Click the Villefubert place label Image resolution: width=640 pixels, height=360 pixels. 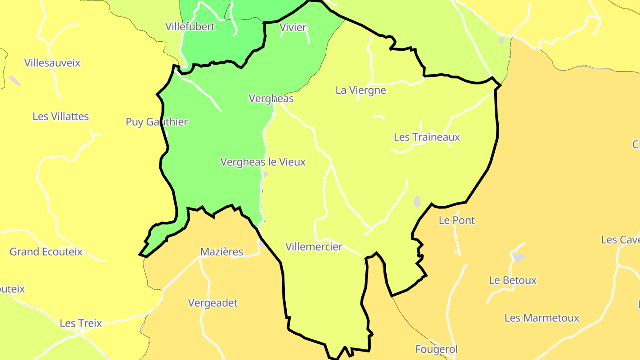coord(190,27)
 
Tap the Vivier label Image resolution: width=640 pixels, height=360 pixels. coord(293,28)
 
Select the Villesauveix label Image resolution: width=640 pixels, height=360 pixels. coord(52,63)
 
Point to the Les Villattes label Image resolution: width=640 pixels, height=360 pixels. coord(60,116)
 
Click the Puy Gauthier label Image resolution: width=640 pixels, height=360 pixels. coord(157,122)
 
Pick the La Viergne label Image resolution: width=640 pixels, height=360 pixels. coord(360,90)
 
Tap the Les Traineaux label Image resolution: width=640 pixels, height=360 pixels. coord(427,137)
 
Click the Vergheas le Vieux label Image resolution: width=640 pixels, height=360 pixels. coord(263,162)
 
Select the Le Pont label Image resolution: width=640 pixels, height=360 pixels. coord(456,220)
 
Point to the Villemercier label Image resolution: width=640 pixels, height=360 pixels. coord(314,247)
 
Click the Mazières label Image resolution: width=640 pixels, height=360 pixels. coord(222,252)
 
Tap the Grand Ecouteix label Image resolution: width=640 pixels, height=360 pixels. coord(46,252)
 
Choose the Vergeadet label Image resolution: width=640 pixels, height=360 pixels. coord(213,303)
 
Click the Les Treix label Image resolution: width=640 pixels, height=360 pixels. coord(81,323)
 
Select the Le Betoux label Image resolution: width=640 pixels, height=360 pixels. coord(512,280)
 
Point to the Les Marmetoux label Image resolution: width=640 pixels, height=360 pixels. coord(542,318)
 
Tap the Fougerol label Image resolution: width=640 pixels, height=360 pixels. coord(436,349)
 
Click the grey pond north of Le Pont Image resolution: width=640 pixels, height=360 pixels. coord(417,201)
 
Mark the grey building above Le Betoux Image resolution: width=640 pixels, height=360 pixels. coord(518,257)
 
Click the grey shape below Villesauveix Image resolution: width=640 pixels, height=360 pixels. coord(15,80)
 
